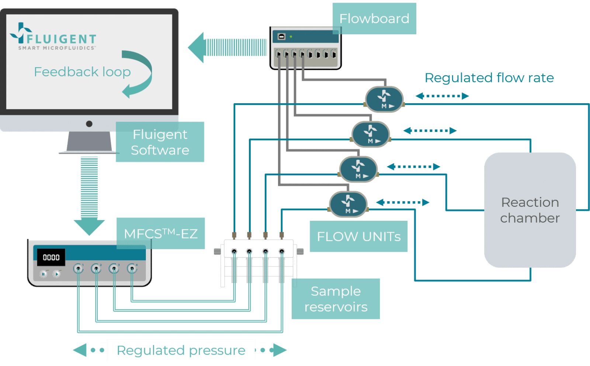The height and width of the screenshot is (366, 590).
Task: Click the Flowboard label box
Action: [x=374, y=18]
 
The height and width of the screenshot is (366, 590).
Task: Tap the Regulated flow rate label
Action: [x=489, y=78]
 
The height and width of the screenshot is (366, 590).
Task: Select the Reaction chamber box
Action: [x=530, y=210]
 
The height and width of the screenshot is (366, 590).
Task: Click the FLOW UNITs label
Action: [x=358, y=237]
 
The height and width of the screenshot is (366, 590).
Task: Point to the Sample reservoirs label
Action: [x=336, y=299]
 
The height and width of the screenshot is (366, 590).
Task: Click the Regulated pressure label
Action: [x=181, y=350]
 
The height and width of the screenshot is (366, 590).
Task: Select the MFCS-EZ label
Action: [x=161, y=234]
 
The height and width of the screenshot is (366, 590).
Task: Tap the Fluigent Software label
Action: [x=160, y=142]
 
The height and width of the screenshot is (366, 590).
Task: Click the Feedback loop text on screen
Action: [x=82, y=72]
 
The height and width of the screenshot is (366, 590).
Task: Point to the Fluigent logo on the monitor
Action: [x=53, y=37]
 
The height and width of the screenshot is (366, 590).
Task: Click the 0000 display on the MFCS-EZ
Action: [x=51, y=257]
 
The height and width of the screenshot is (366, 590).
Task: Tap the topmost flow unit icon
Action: [x=384, y=99]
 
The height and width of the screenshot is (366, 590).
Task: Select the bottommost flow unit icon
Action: [x=348, y=204]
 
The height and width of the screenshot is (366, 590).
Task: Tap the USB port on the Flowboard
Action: [x=281, y=36]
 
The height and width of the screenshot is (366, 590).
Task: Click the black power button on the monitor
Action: [x=89, y=124]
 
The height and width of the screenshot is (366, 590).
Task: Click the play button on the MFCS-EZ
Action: [x=57, y=274]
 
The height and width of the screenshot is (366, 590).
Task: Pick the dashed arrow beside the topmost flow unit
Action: [x=442, y=96]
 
